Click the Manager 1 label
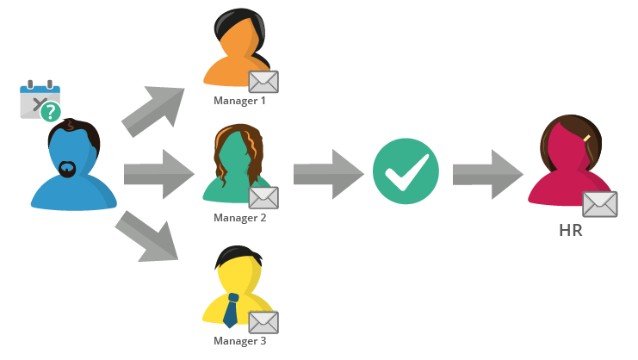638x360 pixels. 239,101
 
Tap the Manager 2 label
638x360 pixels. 239,218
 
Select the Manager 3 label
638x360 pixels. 239,340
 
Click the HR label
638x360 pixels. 571,230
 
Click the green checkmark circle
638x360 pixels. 406,173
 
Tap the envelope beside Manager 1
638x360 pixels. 263,82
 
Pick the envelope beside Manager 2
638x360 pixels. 263,198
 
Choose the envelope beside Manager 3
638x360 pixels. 263,322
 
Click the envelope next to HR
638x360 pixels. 599,204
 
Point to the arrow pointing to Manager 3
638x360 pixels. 148,235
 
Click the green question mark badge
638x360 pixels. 51,111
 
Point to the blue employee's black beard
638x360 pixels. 67,169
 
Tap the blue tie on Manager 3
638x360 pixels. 231,310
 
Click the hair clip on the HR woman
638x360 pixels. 586,138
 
